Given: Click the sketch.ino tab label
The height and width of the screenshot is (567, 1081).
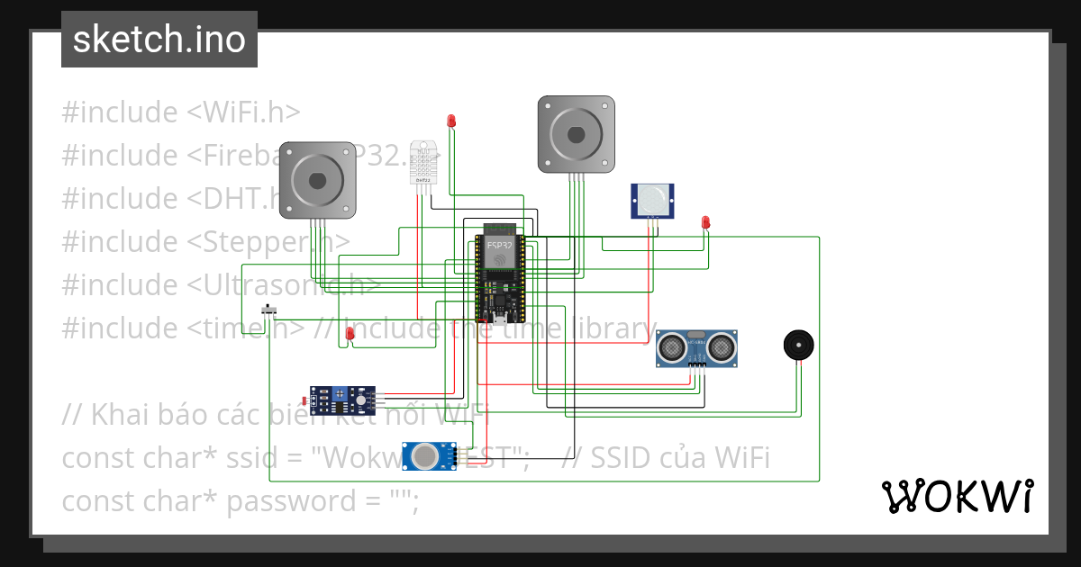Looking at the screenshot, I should (x=159, y=40).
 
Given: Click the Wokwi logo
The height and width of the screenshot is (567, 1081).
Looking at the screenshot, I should (x=957, y=496).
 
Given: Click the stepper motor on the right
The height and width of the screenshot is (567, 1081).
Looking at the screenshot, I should (x=577, y=134).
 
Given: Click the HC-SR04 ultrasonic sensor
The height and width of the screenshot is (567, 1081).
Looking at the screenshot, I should (x=697, y=348).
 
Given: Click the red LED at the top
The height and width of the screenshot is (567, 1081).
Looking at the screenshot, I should (x=452, y=121).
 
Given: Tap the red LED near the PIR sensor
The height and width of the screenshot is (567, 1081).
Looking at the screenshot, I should (x=706, y=221).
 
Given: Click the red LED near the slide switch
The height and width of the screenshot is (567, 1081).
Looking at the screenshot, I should (x=350, y=334).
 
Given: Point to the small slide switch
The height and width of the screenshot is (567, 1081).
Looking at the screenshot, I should (x=268, y=310).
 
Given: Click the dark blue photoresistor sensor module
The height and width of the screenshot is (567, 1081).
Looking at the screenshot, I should (x=342, y=397).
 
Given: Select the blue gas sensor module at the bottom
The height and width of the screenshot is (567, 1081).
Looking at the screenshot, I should (x=429, y=455).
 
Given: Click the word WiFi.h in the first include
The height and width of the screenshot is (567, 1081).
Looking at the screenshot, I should (x=243, y=112).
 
